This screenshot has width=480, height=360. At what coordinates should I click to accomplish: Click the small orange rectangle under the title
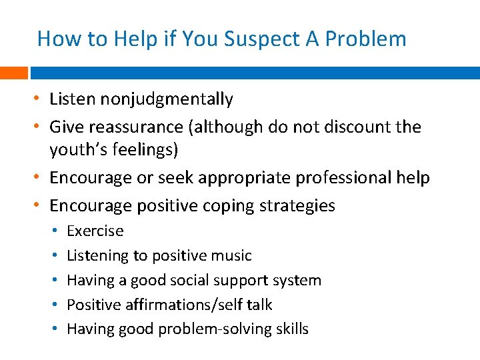pos(13,72)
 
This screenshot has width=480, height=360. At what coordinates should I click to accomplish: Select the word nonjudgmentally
pos(167,100)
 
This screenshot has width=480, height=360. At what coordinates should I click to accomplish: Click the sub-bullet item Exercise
pos(95,231)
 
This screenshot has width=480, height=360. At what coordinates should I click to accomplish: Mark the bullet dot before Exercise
pos(53,231)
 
